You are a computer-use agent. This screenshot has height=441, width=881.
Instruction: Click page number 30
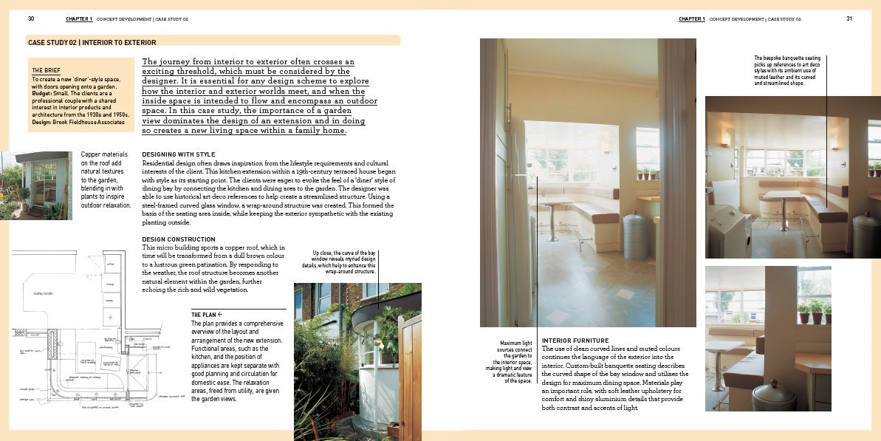(31, 18)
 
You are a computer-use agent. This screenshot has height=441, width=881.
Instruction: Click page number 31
(849, 18)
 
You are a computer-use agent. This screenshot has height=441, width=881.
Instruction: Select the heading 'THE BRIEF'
(47, 70)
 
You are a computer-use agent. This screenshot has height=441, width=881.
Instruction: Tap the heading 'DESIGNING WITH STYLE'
(179, 154)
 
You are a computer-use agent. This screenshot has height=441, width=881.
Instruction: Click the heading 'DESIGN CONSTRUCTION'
(179, 239)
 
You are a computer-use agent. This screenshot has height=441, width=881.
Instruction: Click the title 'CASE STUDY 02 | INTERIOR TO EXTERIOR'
(92, 43)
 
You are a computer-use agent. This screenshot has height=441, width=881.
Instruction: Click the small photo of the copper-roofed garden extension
(36, 185)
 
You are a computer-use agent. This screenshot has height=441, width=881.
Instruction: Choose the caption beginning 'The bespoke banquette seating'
(787, 70)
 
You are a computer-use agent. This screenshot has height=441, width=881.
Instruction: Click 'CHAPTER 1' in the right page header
(692, 18)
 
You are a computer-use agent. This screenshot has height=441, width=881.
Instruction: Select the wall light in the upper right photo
(726, 140)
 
